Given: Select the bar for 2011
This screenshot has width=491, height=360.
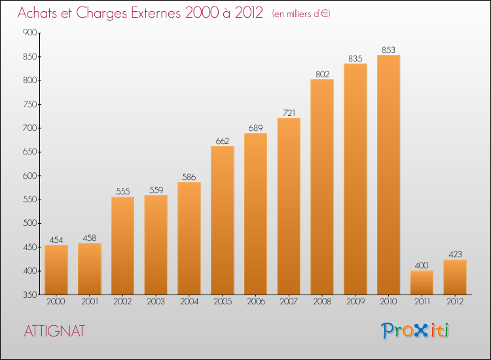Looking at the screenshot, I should tap(422, 282).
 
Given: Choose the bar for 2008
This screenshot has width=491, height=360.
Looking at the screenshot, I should tap(322, 187).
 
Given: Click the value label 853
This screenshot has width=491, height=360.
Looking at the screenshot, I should tap(388, 50).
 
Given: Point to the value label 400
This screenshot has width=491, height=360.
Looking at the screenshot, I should tap(422, 265).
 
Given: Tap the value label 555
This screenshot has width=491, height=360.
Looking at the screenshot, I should tap(122, 191).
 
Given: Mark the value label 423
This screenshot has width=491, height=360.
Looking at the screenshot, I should tap(455, 254).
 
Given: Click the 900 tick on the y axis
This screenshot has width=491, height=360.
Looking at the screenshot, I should tap(29, 33).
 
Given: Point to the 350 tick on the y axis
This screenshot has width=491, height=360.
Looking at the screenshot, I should tap(29, 295).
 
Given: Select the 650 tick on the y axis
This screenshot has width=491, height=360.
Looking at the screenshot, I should tap(29, 152).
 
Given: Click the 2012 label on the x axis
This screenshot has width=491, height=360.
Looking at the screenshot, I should tap(455, 302).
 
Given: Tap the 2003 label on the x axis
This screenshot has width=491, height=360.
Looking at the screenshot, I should tap(156, 302).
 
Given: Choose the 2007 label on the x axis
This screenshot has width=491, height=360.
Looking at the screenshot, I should tap(289, 302).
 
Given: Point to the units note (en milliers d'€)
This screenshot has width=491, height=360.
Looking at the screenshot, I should tap(301, 14).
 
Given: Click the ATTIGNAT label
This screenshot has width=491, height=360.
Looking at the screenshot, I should tap(54, 331).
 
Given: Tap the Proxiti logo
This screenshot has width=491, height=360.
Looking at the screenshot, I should tap(415, 331).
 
